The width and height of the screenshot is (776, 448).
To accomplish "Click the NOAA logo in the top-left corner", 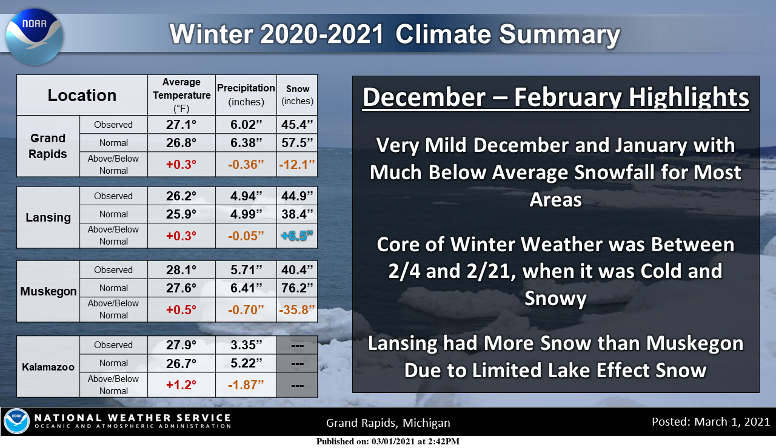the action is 34,37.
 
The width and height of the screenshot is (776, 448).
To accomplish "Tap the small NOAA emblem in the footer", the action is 16,421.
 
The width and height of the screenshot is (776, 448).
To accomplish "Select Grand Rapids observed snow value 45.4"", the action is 297,125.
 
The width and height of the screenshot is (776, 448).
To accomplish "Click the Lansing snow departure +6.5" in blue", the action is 297,236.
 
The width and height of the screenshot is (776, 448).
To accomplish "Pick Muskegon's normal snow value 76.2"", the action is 297,288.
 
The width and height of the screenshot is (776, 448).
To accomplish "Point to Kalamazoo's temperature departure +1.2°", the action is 181,384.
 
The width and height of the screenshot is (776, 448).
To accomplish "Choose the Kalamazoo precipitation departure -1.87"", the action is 246,384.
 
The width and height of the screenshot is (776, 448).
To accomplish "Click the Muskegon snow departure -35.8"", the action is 297,309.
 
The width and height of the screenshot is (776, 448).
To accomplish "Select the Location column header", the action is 82,95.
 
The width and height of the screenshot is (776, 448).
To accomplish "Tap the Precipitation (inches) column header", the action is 246,95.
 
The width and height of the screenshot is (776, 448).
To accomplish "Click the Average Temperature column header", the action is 181,95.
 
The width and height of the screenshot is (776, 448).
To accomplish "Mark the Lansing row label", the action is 48,217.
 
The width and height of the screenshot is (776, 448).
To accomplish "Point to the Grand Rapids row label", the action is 48,146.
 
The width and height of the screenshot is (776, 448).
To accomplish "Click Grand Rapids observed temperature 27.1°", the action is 181,125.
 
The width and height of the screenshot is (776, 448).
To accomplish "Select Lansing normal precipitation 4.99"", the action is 246,214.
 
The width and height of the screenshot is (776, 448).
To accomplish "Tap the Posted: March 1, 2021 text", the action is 711,422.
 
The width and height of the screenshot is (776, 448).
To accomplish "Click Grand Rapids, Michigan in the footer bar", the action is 388,423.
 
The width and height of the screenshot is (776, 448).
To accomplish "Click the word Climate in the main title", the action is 443,35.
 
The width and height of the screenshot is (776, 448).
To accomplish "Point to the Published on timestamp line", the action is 387,441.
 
